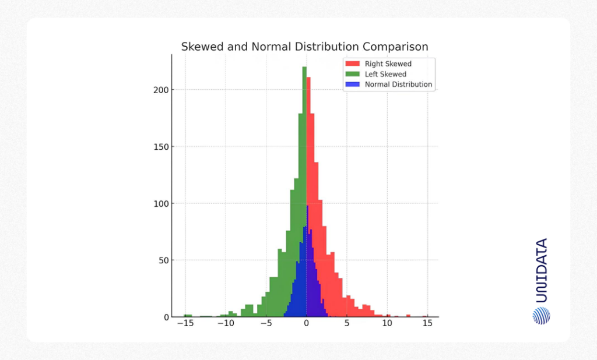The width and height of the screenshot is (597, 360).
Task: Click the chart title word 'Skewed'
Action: click(x=201, y=47)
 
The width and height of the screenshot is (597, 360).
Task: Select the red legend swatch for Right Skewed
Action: click(x=352, y=63)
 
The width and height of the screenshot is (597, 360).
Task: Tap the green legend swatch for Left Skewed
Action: click(x=352, y=74)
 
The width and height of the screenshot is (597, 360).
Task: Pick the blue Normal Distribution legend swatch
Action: click(x=352, y=84)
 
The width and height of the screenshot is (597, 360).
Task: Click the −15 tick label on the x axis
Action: click(x=185, y=324)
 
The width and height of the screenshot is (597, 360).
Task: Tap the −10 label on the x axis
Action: click(x=225, y=324)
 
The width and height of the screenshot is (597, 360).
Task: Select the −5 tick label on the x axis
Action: click(x=266, y=324)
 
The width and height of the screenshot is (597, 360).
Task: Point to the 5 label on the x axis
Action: click(x=347, y=324)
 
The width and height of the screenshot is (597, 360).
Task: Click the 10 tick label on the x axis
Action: click(x=387, y=324)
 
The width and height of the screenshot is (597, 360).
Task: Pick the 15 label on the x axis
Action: click(x=427, y=324)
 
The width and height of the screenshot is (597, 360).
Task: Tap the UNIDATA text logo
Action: click(x=541, y=270)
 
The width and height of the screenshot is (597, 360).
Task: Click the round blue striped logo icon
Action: click(x=541, y=315)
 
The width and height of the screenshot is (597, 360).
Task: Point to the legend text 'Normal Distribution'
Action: click(x=398, y=84)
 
